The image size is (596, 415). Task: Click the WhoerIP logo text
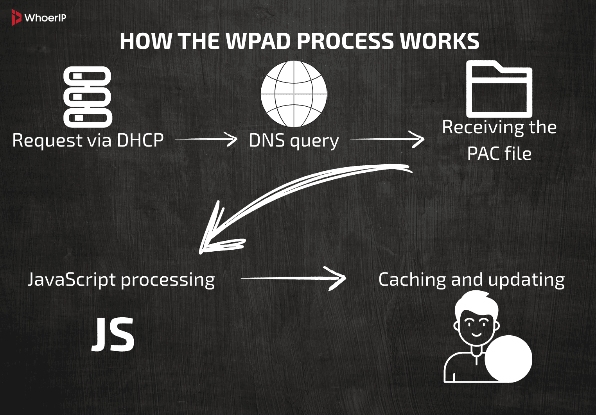[x=45, y=18]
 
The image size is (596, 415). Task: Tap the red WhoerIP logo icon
[x=16, y=18]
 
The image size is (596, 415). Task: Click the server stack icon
[x=88, y=97]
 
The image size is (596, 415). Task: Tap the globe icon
[x=294, y=94]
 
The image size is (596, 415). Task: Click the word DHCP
[x=140, y=140]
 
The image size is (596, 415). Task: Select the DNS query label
[x=294, y=141]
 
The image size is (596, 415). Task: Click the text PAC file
[x=499, y=154]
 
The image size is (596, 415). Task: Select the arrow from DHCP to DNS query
[x=206, y=139]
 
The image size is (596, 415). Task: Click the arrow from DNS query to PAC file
[x=387, y=139]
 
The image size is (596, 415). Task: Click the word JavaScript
[x=72, y=280]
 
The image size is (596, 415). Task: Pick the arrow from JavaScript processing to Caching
[x=293, y=278]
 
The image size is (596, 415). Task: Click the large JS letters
[x=113, y=335]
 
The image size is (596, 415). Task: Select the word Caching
[x=412, y=280]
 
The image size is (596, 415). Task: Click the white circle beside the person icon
[x=508, y=358]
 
